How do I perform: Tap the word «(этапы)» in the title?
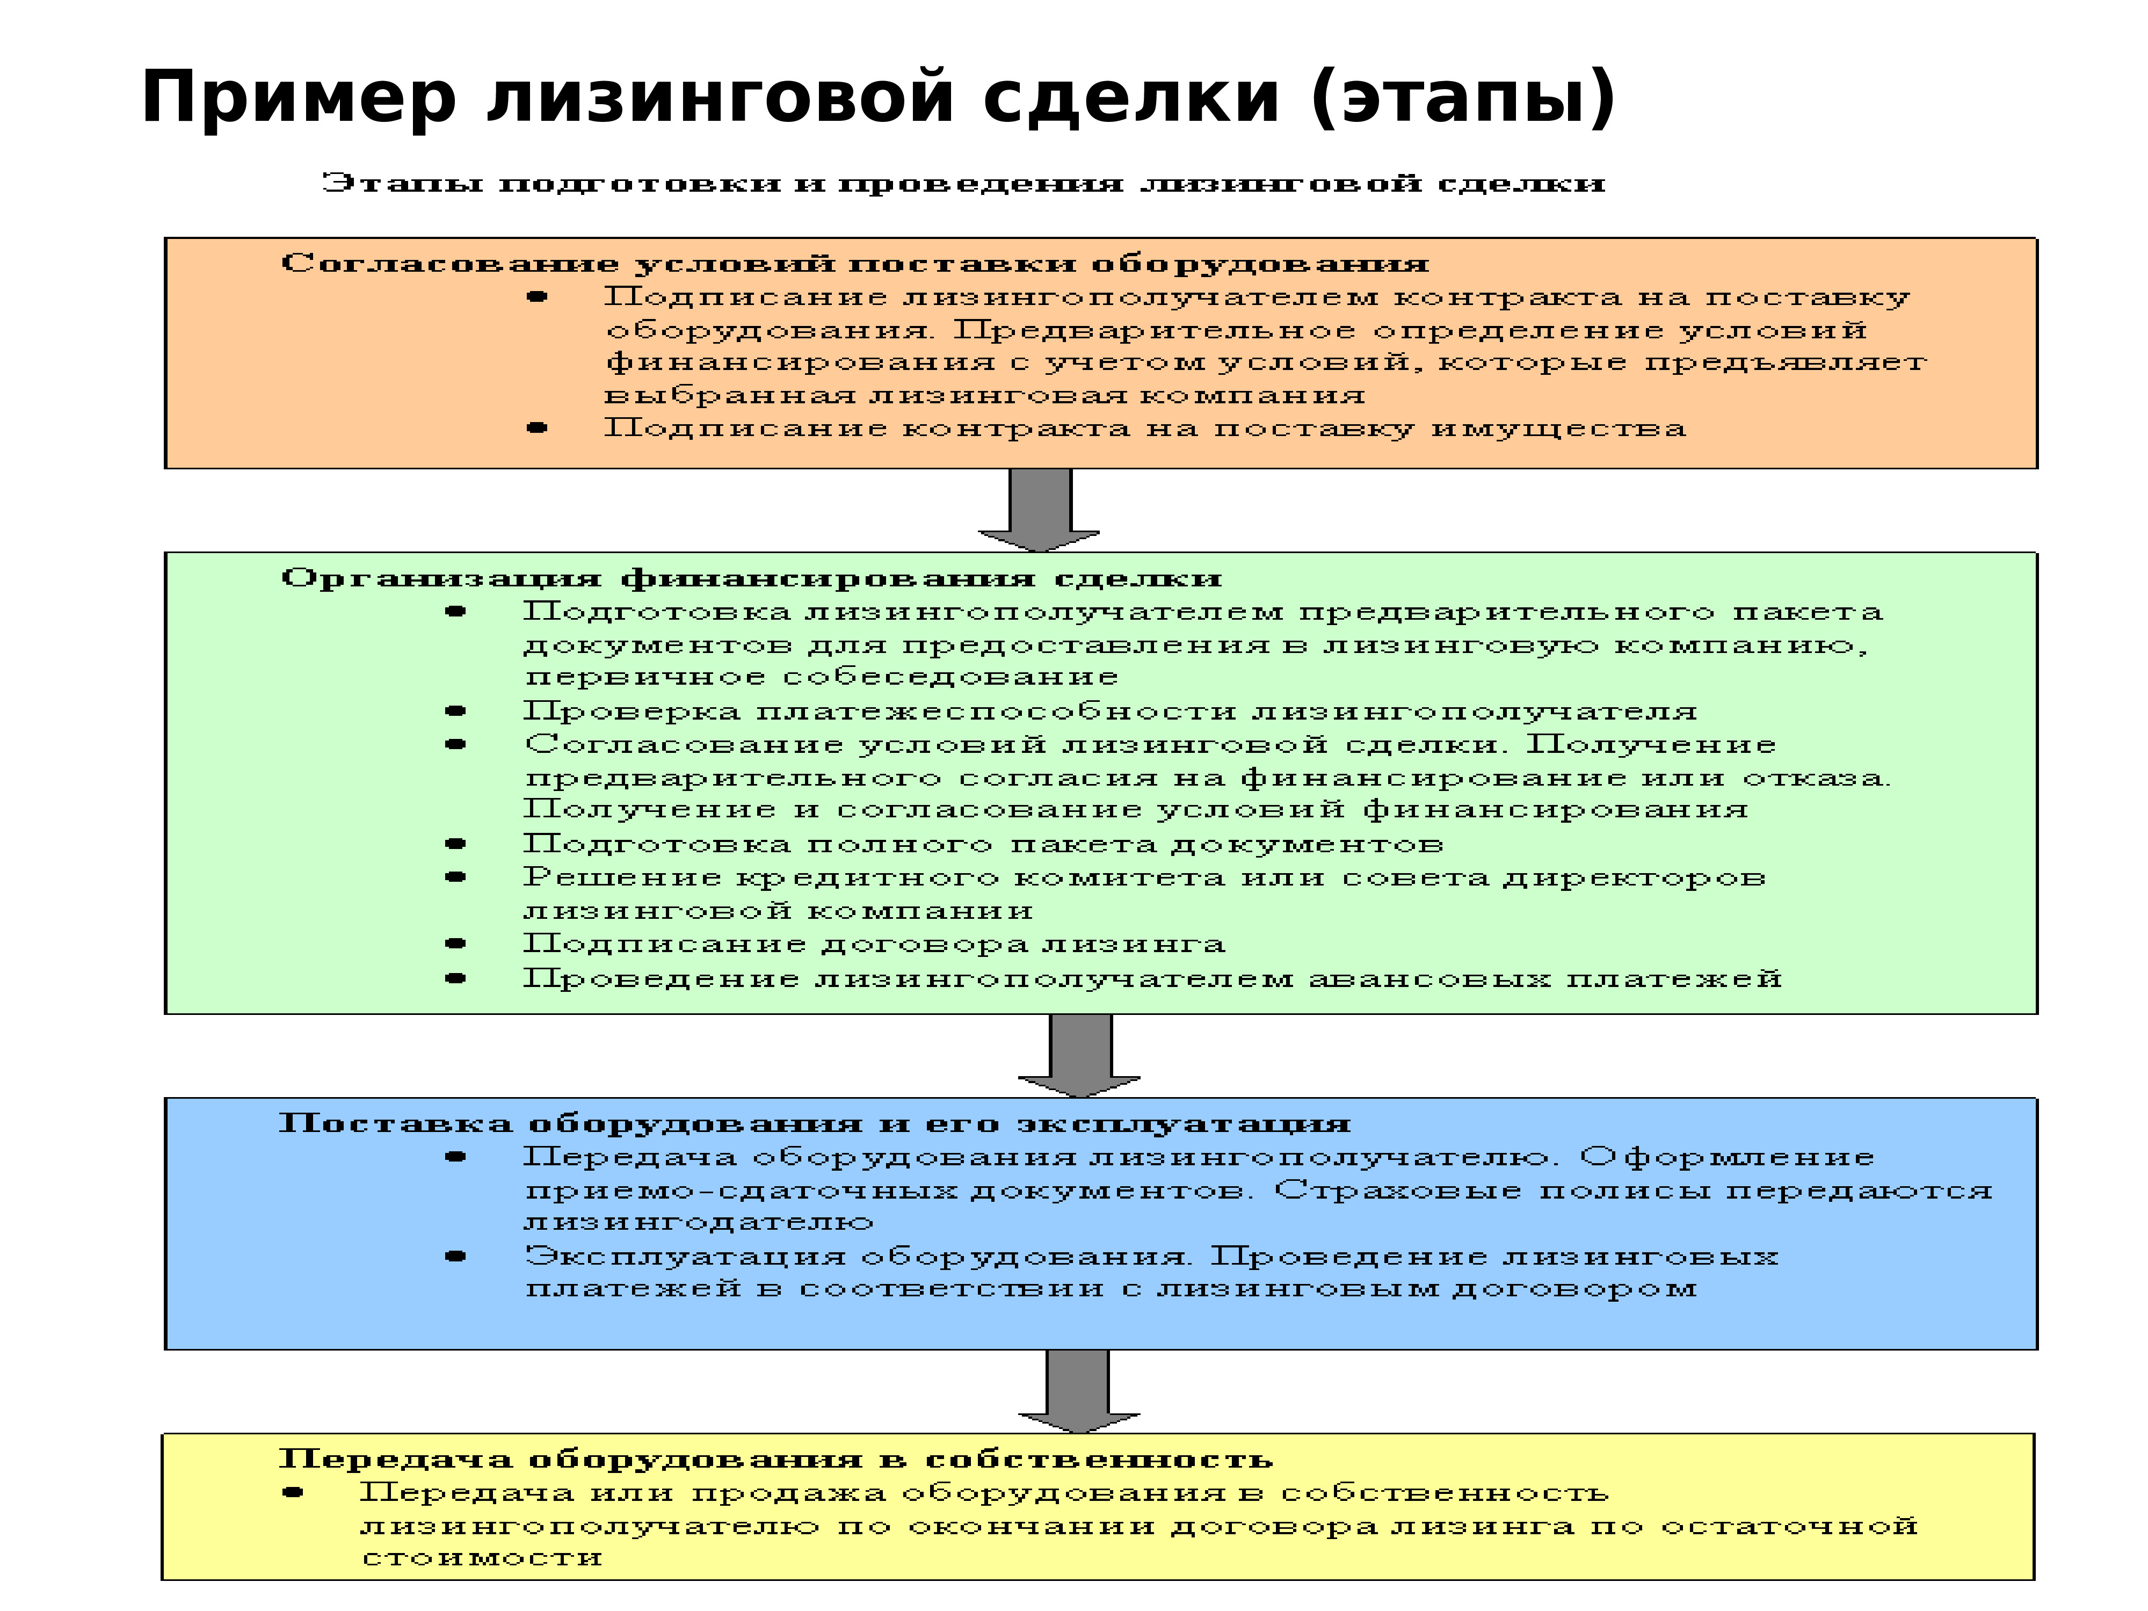click(1462, 98)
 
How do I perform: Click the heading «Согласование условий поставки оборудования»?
click(854, 263)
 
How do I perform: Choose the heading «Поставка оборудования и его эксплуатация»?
click(814, 1123)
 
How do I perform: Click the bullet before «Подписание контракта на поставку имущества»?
click(537, 427)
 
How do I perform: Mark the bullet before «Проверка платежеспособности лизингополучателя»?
click(455, 711)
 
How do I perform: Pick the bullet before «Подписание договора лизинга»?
click(455, 943)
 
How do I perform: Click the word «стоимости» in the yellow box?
click(482, 1558)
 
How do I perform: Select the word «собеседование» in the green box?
click(950, 677)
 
